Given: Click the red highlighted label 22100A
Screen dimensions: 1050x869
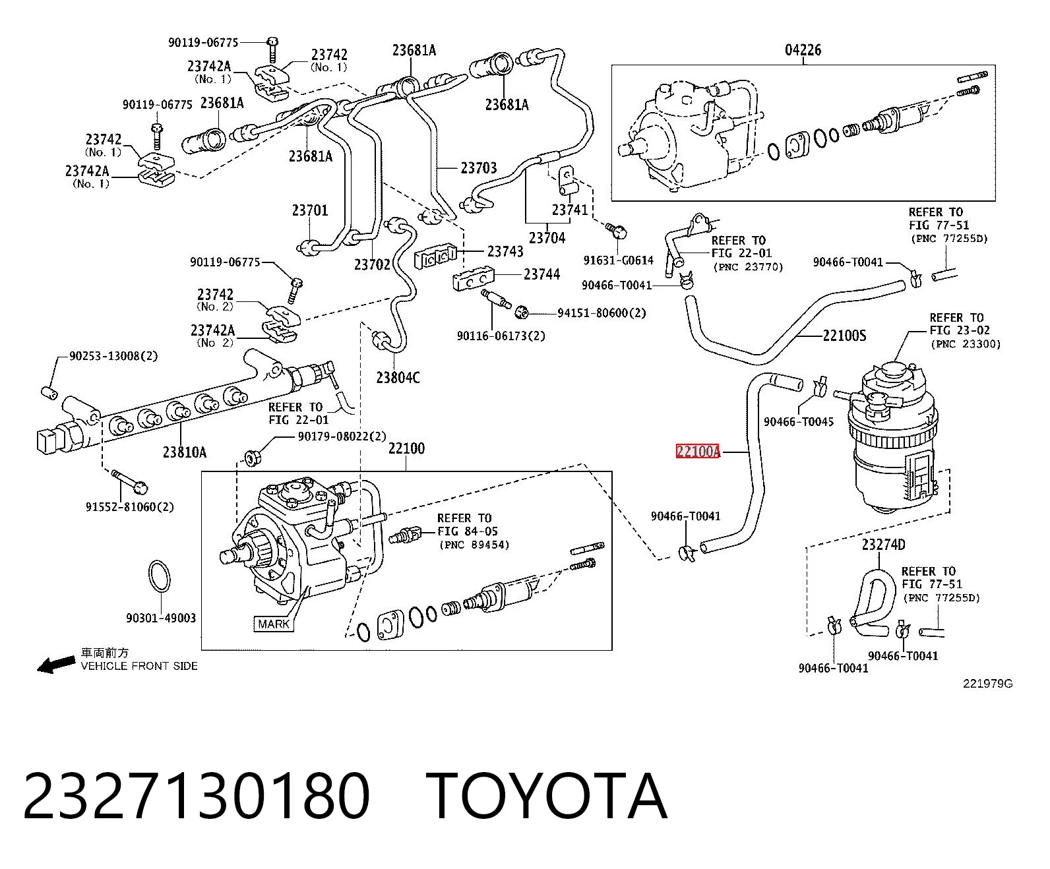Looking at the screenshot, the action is [698, 451].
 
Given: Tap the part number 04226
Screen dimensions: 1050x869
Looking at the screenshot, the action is [803, 50].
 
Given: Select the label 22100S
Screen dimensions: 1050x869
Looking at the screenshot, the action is [844, 335].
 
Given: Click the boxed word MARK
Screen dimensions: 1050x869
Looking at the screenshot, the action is [274, 624].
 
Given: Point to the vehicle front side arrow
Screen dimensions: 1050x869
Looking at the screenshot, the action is [56, 665].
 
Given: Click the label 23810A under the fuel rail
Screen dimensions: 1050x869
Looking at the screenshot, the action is [185, 452].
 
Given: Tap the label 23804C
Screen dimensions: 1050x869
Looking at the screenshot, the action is [398, 377].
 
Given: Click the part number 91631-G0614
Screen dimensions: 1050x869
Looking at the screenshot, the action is [618, 260].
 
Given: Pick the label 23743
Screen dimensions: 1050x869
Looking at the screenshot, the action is [505, 251].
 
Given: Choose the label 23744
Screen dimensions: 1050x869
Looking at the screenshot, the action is [541, 274].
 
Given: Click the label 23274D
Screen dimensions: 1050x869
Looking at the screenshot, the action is [884, 544].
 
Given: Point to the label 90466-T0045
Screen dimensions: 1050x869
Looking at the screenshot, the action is [799, 421].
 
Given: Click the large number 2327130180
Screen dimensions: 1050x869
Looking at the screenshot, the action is [197, 797].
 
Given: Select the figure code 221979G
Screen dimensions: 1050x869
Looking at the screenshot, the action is [987, 684].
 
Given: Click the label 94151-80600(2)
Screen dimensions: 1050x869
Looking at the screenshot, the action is [602, 313].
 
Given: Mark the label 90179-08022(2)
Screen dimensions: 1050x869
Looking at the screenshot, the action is [342, 436].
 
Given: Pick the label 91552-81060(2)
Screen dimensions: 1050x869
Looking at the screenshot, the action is [130, 506].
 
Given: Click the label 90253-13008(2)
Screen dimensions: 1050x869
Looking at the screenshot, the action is [113, 355].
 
